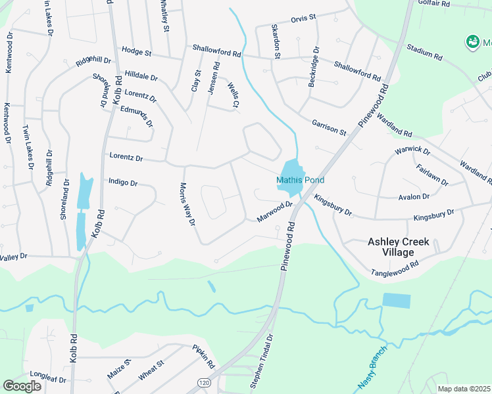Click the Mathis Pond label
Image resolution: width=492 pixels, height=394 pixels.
click(x=300, y=181)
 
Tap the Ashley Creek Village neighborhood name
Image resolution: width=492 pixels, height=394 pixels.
click(x=399, y=247)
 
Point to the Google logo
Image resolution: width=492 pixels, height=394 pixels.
click(x=22, y=386)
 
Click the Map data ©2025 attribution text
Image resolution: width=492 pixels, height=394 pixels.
click(x=464, y=389)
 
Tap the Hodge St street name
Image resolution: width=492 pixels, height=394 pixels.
click(x=136, y=51)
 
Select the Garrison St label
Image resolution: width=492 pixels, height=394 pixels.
click(x=329, y=127)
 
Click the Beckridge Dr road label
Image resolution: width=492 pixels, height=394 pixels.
click(x=316, y=60)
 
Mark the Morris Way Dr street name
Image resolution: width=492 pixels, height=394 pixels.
click(x=187, y=204)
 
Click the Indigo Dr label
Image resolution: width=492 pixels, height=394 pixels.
click(x=122, y=182)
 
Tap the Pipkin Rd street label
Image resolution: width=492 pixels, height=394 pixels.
click(x=204, y=355)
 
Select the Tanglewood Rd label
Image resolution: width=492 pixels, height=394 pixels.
click(x=395, y=269)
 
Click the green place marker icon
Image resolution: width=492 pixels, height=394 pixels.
click(x=471, y=43)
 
